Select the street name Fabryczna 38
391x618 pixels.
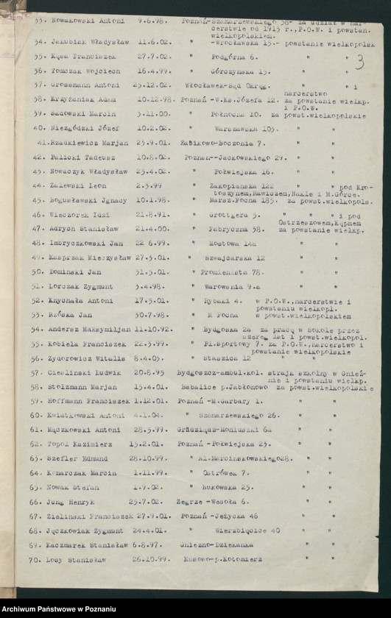point(228,229)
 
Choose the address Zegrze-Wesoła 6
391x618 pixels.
point(211,501)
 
